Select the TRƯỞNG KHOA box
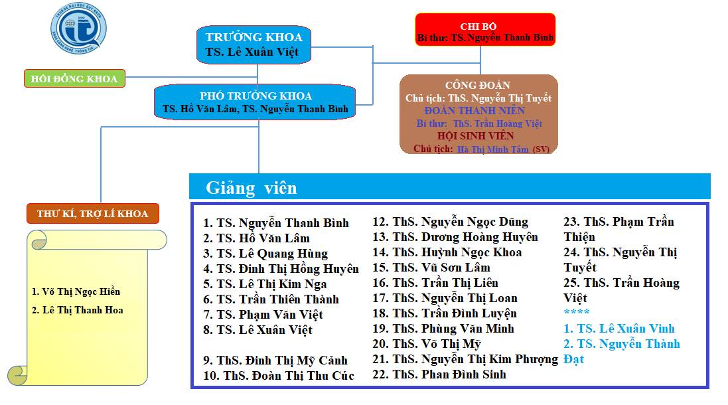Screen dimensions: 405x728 click(x=254, y=44)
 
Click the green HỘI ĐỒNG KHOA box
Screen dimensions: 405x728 click(x=74, y=78)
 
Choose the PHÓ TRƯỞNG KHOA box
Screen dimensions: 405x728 click(x=255, y=102)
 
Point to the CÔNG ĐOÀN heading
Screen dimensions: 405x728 click(x=478, y=85)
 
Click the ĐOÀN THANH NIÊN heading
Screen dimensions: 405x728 click(x=474, y=111)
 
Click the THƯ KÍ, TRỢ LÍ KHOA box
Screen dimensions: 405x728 click(x=92, y=214)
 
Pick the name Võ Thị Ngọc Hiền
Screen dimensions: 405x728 click(x=76, y=291)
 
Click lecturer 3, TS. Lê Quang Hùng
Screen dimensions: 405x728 click(x=265, y=254)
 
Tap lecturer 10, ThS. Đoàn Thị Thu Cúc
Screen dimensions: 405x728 click(x=279, y=376)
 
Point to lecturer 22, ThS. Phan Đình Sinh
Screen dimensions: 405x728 click(x=439, y=374)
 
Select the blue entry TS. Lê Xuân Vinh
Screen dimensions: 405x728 click(x=619, y=329)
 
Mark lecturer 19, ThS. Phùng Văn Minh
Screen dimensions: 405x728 click(x=443, y=329)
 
